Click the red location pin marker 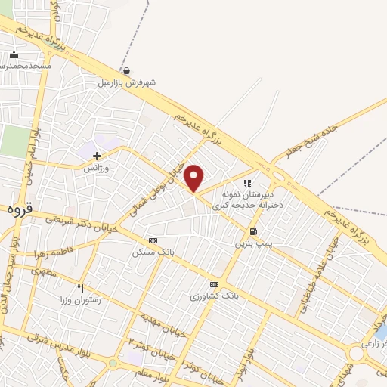[194, 178]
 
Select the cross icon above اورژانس [97, 156]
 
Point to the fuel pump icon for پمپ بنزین [252, 232]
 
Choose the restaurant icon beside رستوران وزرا [81, 288]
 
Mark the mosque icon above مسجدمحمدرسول [14, 54]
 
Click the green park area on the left [12, 141]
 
